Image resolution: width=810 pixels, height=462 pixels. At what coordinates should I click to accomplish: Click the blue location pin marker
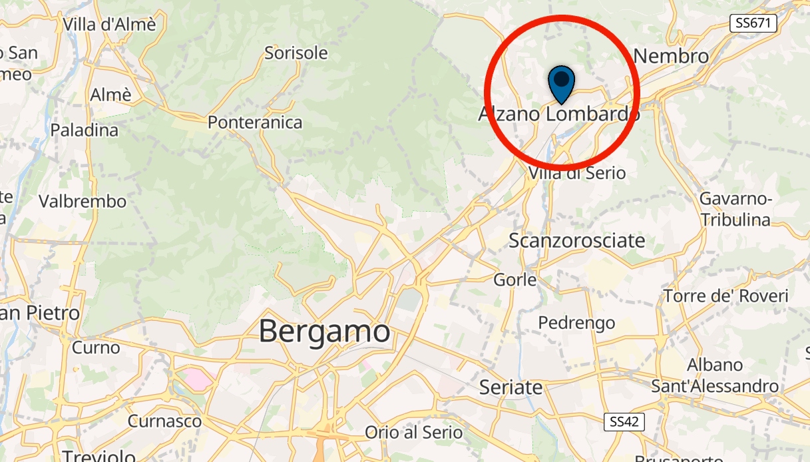562,83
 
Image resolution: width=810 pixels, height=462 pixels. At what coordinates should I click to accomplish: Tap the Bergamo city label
324,331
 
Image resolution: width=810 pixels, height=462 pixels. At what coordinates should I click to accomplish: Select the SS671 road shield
753,23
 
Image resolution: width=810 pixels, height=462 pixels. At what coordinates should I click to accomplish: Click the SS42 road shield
625,421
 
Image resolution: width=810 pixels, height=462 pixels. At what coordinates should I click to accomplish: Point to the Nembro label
671,56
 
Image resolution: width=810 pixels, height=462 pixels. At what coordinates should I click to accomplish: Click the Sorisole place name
296,53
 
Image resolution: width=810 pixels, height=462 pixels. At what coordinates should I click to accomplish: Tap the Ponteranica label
255,122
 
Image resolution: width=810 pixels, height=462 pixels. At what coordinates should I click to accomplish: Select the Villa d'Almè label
109,25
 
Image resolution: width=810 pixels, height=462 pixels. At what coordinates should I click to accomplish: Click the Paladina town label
85,130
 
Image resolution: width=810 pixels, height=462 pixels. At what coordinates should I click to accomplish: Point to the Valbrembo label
83,201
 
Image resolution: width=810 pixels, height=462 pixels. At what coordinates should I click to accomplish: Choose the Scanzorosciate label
577,240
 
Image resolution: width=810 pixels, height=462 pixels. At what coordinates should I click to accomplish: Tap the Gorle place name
515,280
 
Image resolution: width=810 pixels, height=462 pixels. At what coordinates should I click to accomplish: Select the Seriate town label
511,387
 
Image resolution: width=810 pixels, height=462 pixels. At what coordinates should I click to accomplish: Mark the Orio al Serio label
413,432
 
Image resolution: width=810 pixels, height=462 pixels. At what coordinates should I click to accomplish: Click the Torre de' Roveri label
725,296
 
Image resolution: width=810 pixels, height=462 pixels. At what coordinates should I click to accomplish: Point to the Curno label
96,347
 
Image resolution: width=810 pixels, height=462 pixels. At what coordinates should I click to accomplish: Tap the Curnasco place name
164,421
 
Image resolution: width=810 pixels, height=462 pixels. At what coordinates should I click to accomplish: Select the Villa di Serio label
577,173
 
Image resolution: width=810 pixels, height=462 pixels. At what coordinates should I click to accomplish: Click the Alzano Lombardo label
559,115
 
